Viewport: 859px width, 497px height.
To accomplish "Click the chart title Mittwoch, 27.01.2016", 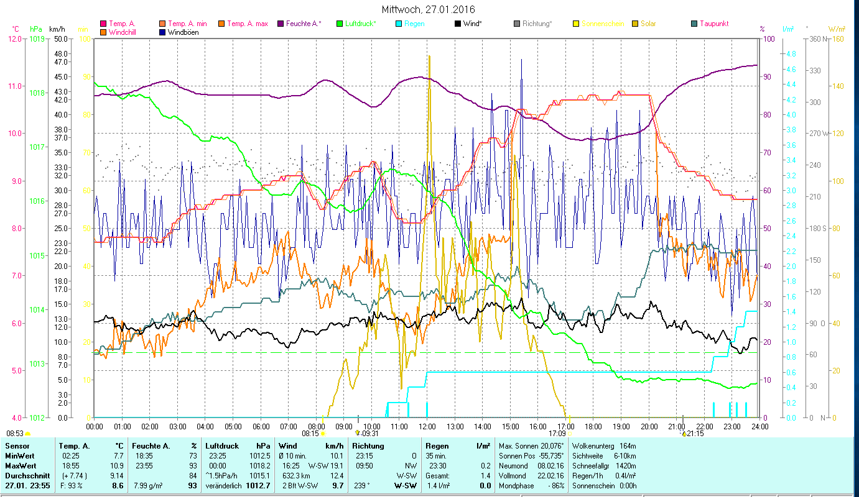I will (x=428, y=10).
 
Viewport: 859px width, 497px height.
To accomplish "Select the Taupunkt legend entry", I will (x=713, y=24).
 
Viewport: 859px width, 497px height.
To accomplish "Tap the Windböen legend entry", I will (x=183, y=32).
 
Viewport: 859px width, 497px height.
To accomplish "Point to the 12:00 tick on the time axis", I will (x=427, y=426).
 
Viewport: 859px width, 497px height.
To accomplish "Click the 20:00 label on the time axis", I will (x=649, y=426).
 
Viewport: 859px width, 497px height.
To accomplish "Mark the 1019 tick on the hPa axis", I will (x=36, y=39).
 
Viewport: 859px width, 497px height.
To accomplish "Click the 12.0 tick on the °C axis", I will (x=14, y=39).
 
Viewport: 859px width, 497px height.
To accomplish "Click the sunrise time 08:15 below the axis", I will (x=310, y=434).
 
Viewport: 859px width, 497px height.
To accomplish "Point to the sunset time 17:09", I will (x=557, y=434).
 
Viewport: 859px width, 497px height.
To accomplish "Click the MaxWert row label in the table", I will (x=21, y=465).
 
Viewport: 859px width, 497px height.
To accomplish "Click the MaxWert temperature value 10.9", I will (x=116, y=465).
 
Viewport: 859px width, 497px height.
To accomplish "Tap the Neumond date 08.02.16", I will (x=550, y=465).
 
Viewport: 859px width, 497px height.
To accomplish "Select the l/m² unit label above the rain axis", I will (x=788, y=29).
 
